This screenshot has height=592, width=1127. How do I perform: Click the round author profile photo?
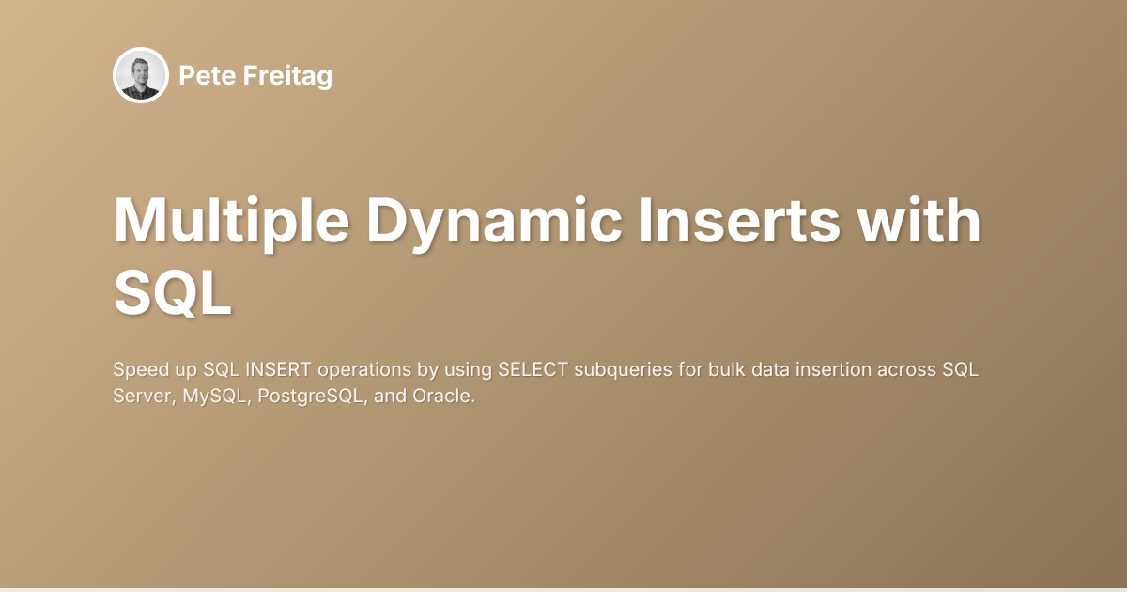click(x=141, y=75)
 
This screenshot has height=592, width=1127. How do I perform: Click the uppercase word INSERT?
click(x=277, y=368)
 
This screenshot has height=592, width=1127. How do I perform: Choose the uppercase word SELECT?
click(x=533, y=368)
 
